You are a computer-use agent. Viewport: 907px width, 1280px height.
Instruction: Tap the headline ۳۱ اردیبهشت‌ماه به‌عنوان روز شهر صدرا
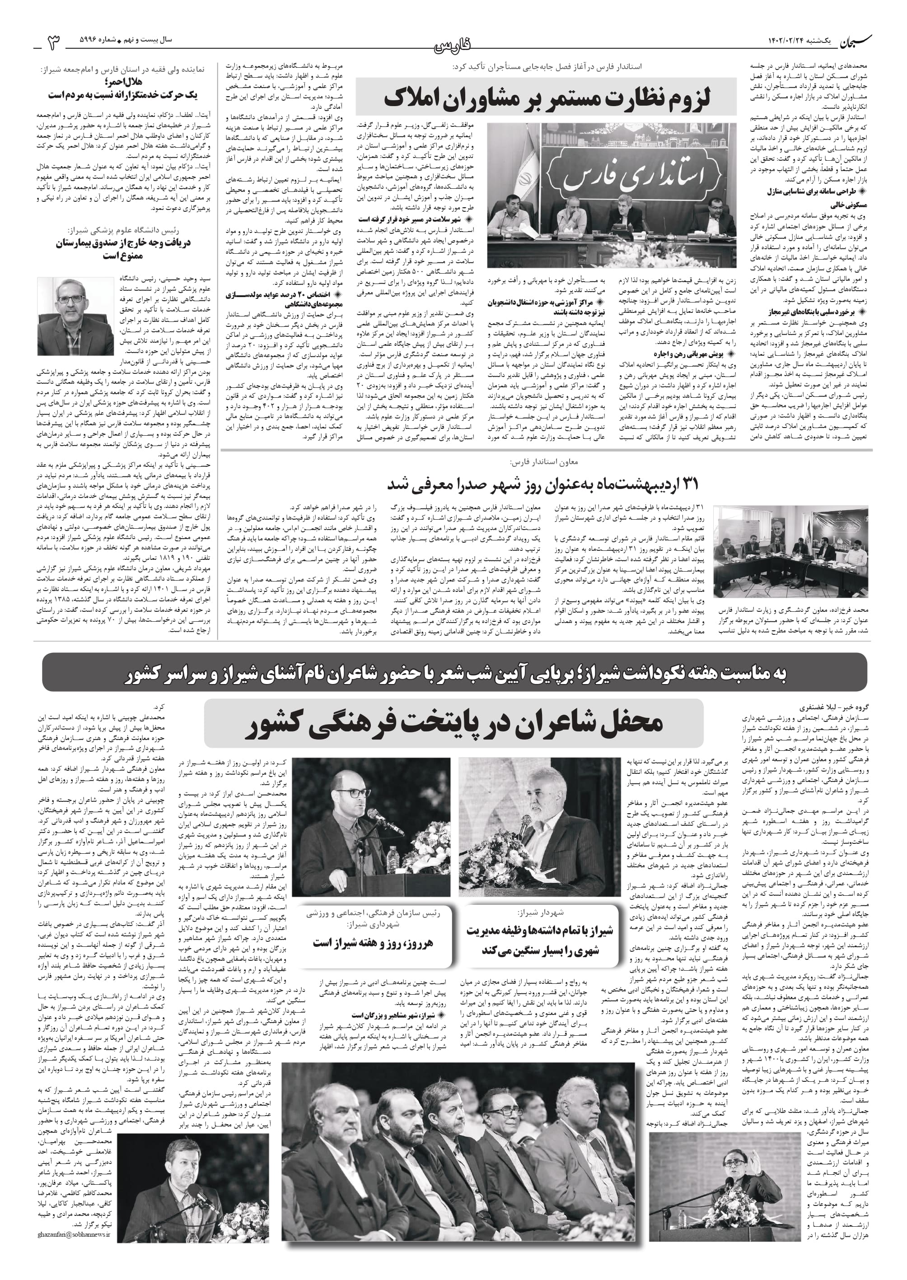(x=542, y=484)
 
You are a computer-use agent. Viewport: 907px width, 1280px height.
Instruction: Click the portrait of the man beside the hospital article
(x=75, y=316)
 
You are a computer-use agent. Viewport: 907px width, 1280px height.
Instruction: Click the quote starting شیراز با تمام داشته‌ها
(x=539, y=940)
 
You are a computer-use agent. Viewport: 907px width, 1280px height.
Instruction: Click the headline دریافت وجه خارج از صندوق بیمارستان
(x=123, y=249)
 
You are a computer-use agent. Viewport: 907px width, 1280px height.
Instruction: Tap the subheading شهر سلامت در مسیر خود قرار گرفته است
(x=411, y=220)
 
